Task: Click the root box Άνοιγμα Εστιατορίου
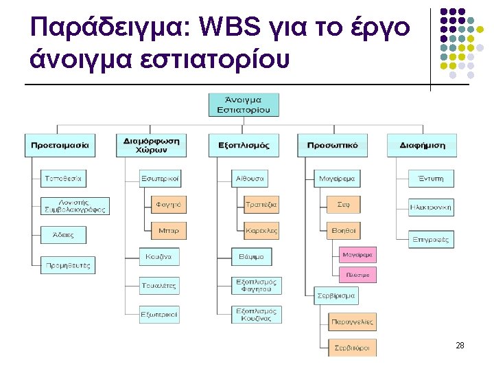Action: pos(244,104)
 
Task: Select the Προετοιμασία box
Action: pos(60,145)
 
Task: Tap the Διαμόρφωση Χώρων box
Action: pos(152,145)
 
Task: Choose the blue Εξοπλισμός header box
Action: pos(244,145)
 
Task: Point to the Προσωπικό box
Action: pos(332,145)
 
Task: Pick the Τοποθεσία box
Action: pos(64,179)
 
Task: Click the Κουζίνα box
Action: pos(160,257)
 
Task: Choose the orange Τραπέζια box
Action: pos(262,204)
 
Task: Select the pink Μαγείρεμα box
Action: pos(358,255)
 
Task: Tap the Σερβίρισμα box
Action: pos(336,296)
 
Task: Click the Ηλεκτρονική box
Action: pos(431,206)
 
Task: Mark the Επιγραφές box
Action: pos(431,240)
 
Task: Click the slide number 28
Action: pos(460,346)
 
